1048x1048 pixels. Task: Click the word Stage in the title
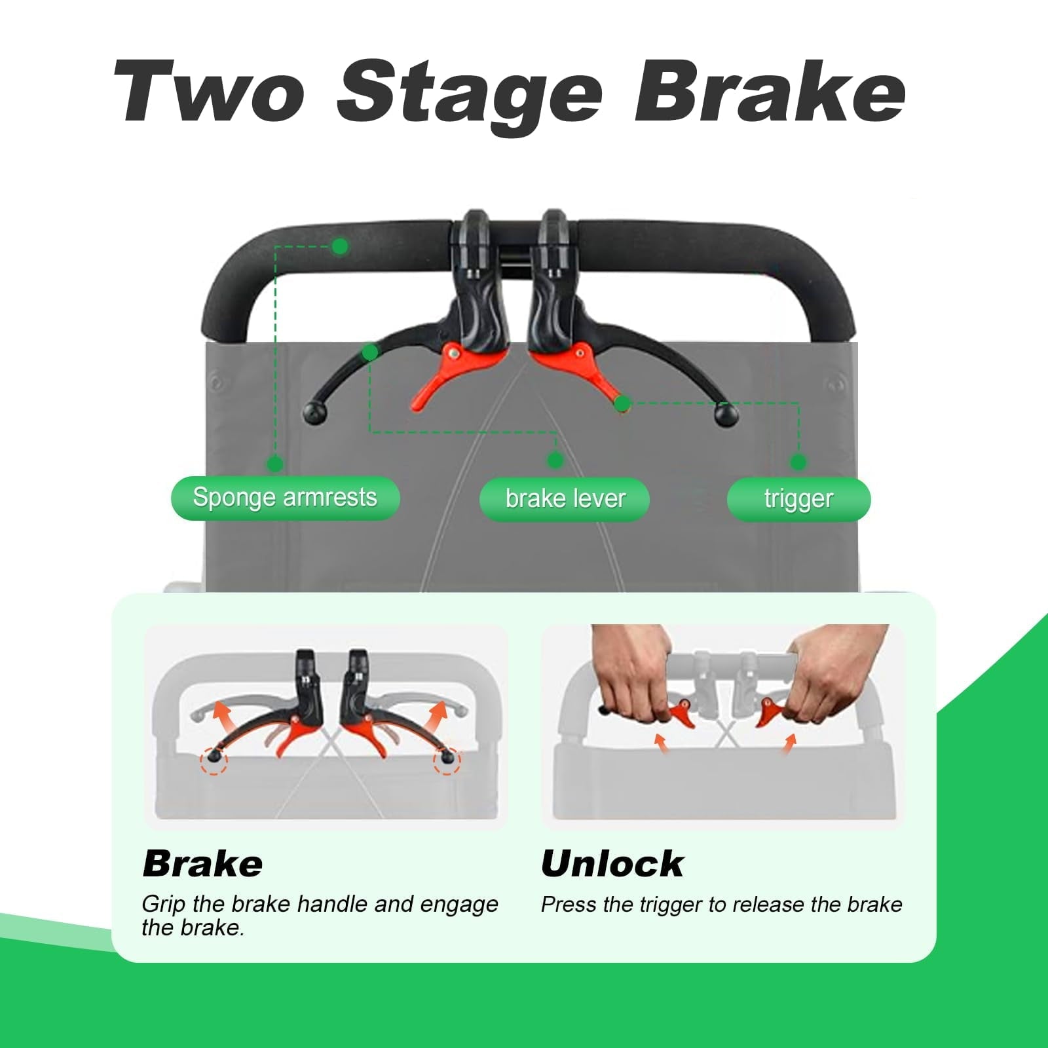(x=469, y=96)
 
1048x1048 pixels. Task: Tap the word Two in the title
(x=210, y=91)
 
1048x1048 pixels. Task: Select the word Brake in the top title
(x=770, y=91)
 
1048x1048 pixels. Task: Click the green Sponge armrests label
(x=285, y=498)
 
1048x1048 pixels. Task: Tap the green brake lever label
(x=565, y=499)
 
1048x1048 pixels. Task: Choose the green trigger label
(x=798, y=499)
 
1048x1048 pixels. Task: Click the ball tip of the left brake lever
(x=314, y=413)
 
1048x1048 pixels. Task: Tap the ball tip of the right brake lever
(x=726, y=414)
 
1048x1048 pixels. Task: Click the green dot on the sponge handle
(x=340, y=246)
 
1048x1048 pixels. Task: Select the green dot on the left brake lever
(x=370, y=352)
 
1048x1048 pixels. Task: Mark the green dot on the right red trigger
(x=622, y=403)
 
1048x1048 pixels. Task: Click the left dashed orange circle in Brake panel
(x=214, y=760)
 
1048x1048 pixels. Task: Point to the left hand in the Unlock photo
(x=632, y=675)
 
